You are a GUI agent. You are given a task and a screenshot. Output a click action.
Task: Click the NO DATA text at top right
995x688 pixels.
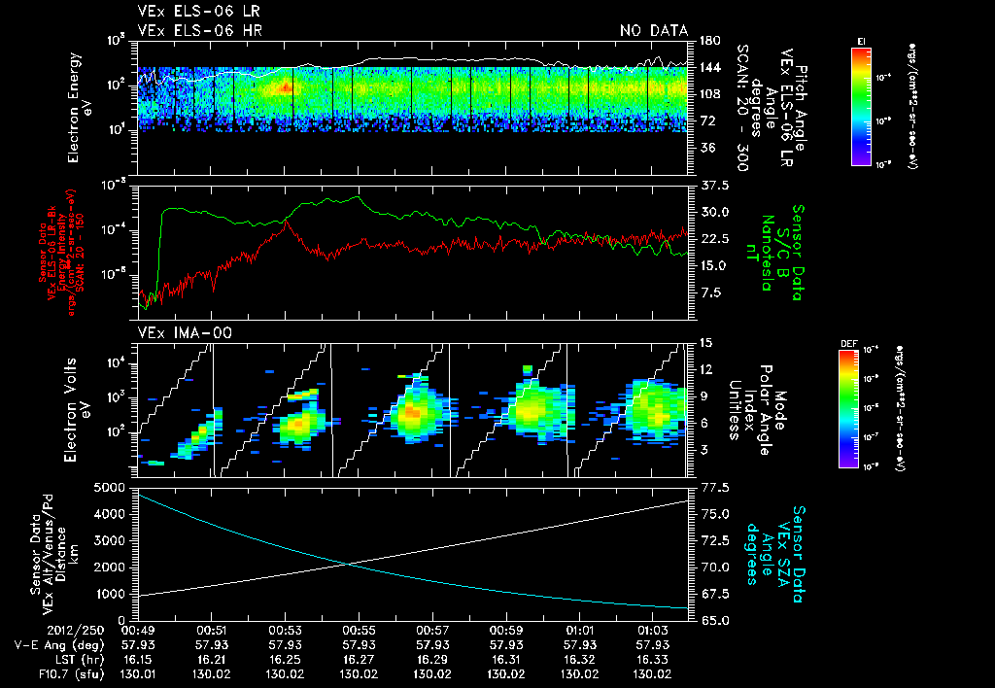coord(654,31)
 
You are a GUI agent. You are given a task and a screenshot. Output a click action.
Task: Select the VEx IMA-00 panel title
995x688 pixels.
coord(178,332)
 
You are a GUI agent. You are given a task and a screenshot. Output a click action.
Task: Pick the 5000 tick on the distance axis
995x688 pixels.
coord(111,486)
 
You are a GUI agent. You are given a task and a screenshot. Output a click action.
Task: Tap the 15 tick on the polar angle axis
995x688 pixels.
coord(703,342)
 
